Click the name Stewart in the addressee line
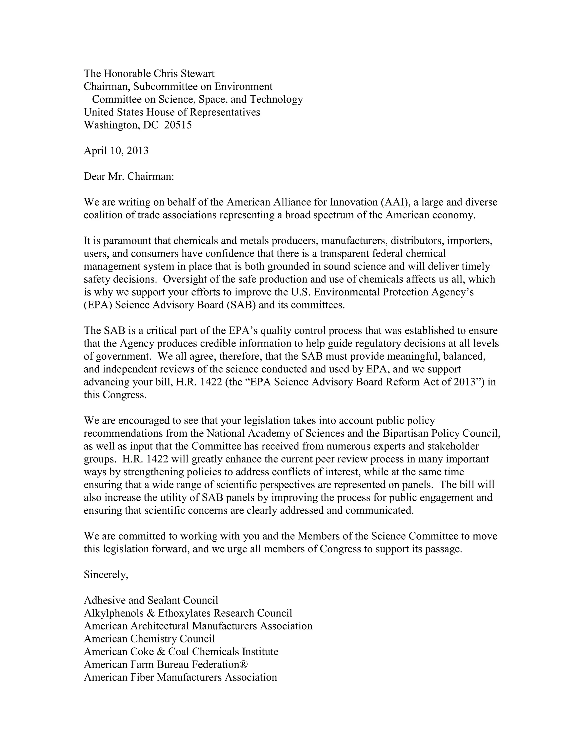pyautogui.click(x=198, y=74)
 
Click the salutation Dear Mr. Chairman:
pyautogui.click(x=129, y=176)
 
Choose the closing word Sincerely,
pyautogui.click(x=106, y=574)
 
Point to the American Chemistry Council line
pyautogui.click(x=149, y=639)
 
